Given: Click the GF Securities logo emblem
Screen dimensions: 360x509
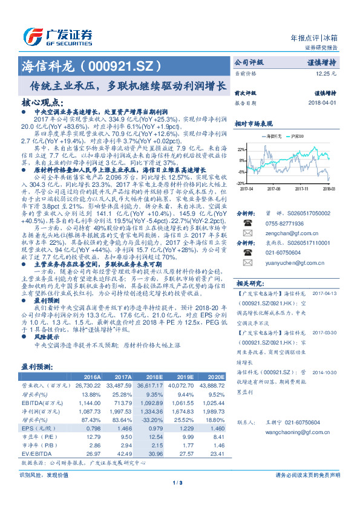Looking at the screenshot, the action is coord(31,35).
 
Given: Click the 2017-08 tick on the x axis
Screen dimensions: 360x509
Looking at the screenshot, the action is coord(274,189).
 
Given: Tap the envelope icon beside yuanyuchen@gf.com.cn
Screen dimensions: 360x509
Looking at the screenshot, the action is coord(247,263).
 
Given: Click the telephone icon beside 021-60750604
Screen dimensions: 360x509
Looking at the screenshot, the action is coord(247,253).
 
